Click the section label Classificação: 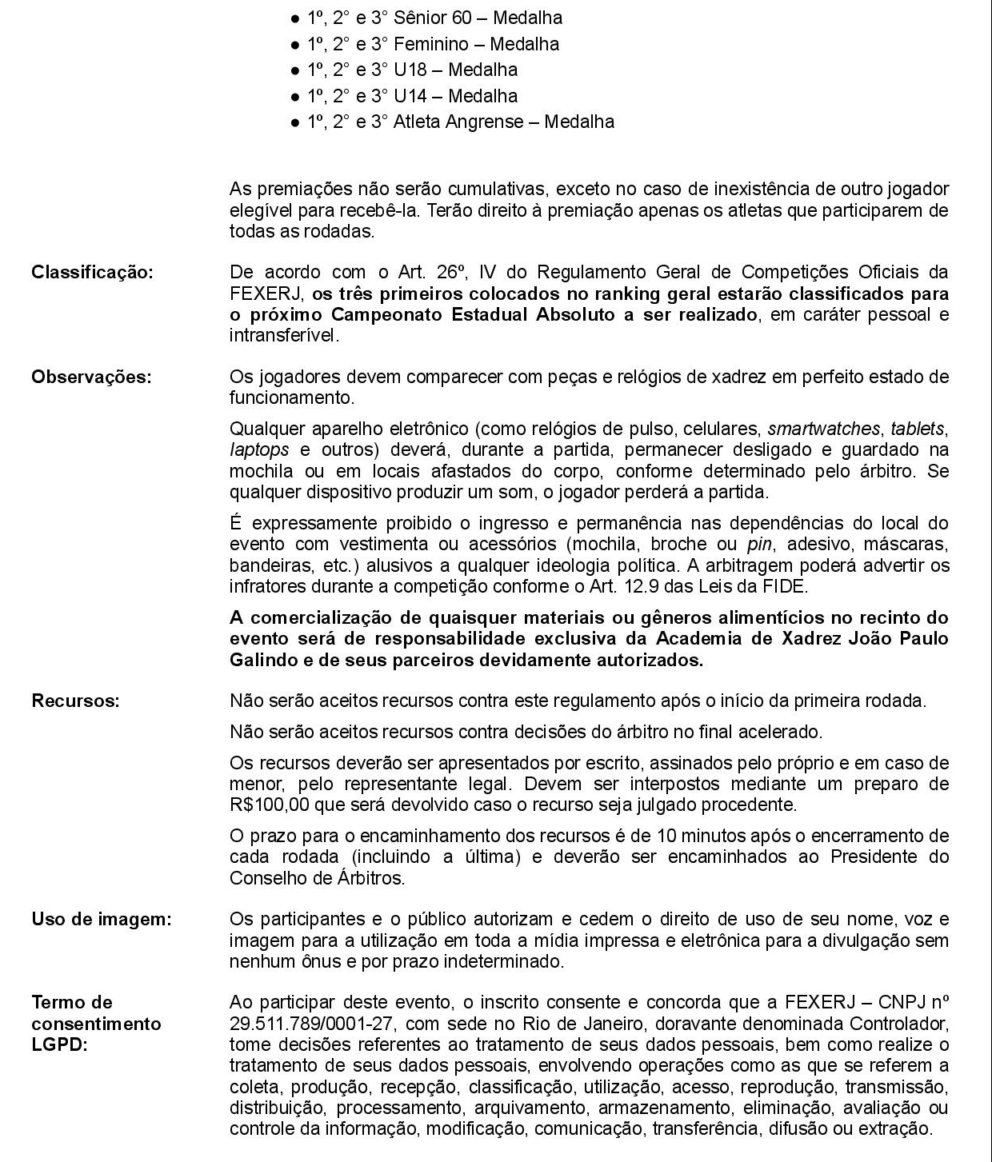(x=92, y=272)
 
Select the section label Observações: (x=91, y=377)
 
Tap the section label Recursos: (x=75, y=701)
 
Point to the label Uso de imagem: (x=102, y=920)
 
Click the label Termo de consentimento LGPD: (x=96, y=1024)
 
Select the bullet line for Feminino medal (x=433, y=44)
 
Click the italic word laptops (x=258, y=450)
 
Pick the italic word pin (x=758, y=545)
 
